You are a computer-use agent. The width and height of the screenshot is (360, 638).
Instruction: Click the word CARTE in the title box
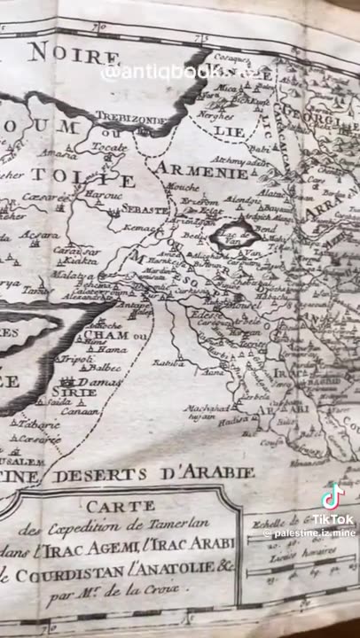click(x=132, y=504)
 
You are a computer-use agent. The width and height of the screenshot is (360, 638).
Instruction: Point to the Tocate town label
click(x=109, y=147)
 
